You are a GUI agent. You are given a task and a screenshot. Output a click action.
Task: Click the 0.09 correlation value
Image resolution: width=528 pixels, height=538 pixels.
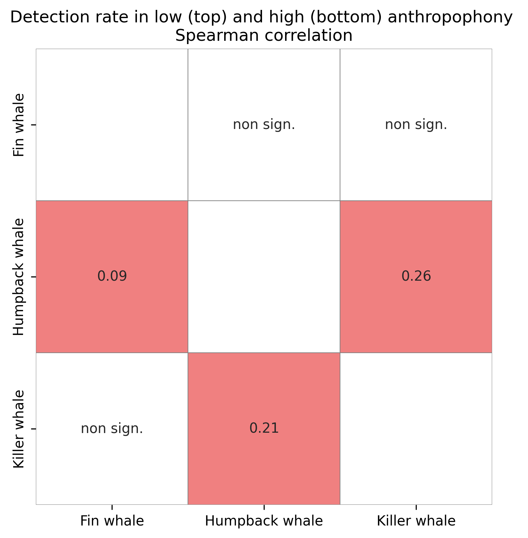[112, 276]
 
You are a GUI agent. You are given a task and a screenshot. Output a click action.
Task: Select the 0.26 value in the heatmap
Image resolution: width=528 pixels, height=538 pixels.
[416, 276]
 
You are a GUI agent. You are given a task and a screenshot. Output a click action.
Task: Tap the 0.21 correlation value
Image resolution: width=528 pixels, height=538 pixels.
[264, 428]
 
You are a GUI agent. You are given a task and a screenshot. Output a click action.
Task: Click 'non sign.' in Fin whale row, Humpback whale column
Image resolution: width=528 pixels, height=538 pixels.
[264, 125]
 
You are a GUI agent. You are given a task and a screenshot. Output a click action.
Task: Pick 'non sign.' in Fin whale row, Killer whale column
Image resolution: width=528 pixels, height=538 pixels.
[416, 125]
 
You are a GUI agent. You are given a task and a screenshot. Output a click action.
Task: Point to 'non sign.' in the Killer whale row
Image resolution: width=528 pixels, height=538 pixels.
[112, 429]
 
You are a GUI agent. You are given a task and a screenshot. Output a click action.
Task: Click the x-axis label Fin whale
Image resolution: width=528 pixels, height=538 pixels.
[112, 521]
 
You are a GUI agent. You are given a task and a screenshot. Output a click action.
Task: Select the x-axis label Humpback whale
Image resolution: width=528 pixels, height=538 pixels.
[264, 521]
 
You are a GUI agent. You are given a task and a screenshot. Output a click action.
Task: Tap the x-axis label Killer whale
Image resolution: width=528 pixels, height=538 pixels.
[416, 521]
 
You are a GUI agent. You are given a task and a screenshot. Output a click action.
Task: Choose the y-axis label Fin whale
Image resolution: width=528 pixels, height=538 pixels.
[19, 125]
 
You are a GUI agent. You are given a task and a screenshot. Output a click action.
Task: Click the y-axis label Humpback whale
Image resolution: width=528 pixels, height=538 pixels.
[19, 277]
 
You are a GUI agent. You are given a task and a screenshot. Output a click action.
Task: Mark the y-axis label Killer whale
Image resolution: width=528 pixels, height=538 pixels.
[19, 429]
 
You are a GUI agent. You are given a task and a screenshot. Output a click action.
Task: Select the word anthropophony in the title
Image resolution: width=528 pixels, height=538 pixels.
[450, 17]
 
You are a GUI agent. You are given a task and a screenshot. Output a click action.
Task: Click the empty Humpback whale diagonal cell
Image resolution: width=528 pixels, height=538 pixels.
[264, 277]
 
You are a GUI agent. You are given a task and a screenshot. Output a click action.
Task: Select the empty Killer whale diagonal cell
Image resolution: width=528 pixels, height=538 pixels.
[416, 428]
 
